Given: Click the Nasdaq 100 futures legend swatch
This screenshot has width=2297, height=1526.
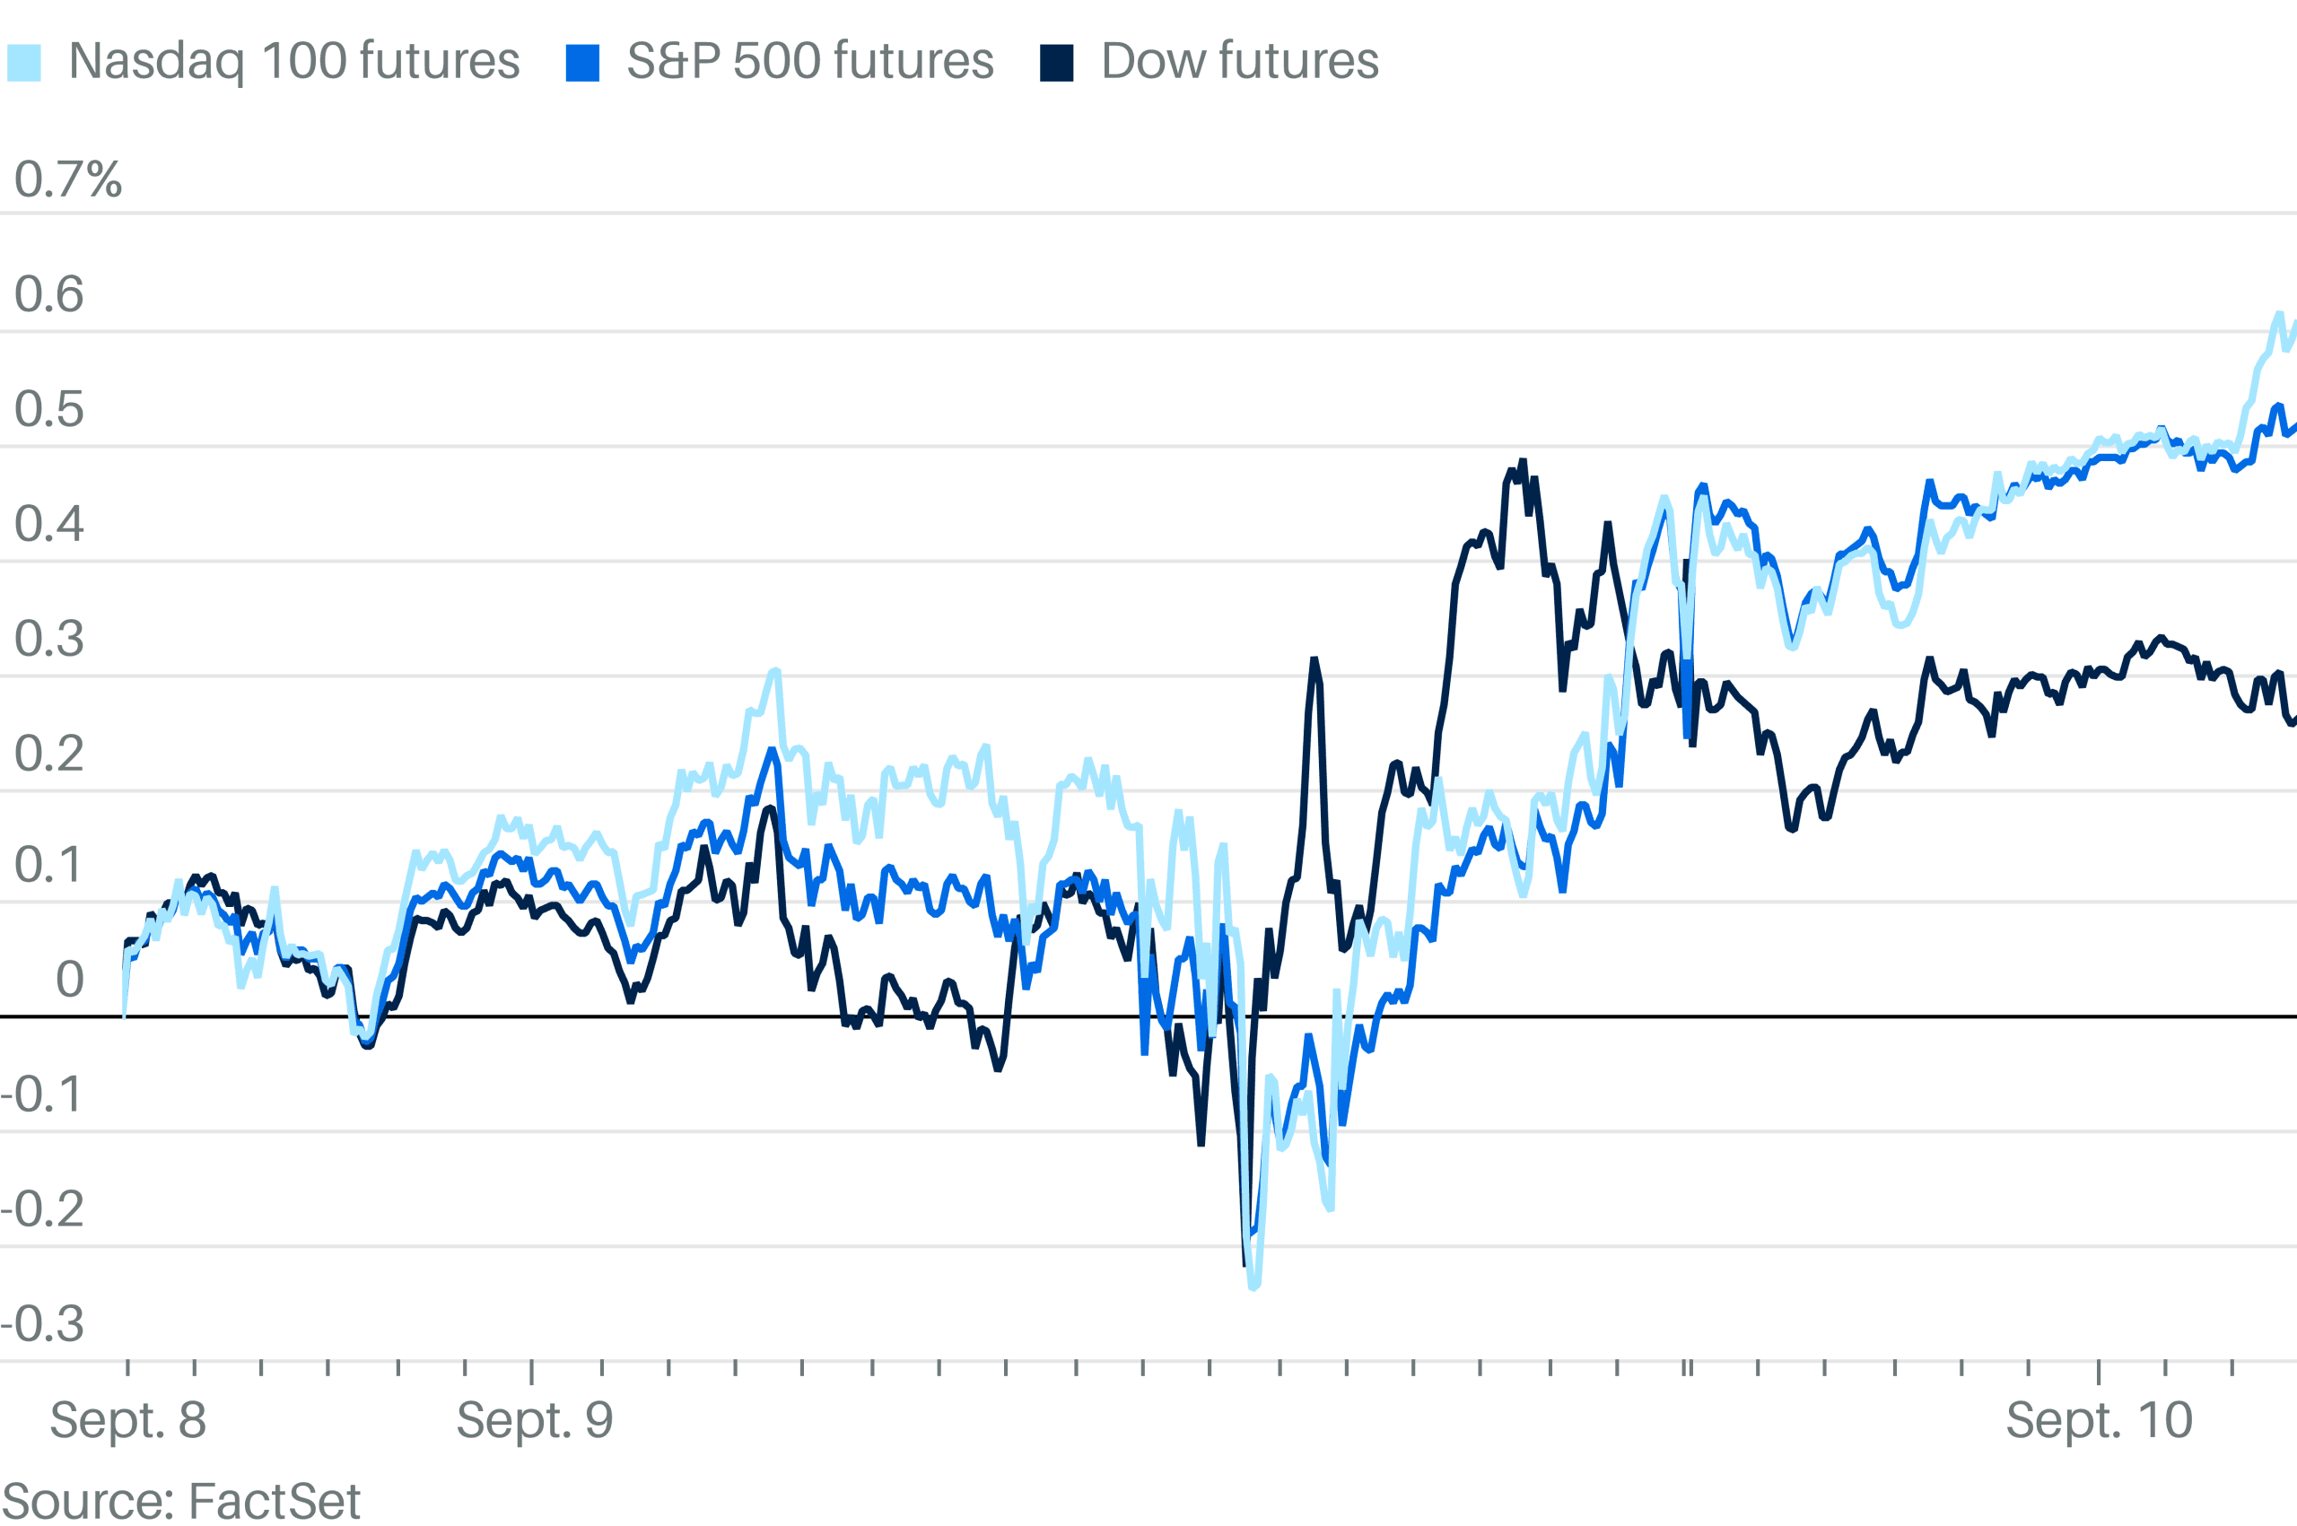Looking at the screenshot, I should click(x=24, y=62).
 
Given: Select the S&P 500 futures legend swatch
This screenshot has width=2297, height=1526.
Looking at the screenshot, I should click(x=582, y=62).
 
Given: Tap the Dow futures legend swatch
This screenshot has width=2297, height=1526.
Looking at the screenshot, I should click(x=1056, y=62).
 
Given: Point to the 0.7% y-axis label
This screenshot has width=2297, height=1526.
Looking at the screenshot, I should click(x=68, y=180).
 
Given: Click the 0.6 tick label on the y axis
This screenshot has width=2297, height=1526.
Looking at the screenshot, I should click(x=48, y=294).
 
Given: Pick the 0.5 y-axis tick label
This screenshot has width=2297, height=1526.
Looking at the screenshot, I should click(x=48, y=410).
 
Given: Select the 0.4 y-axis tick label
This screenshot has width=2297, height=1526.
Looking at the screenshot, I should click(x=48, y=525).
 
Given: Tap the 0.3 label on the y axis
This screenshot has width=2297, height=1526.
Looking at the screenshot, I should click(x=48, y=640).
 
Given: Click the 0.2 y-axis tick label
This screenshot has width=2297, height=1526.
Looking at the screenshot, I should click(x=48, y=754).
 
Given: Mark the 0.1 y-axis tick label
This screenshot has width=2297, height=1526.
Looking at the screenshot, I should click(x=48, y=865).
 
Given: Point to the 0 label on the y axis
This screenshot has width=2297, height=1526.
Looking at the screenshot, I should click(x=69, y=980).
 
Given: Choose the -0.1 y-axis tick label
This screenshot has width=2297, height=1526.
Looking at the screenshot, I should click(x=43, y=1094).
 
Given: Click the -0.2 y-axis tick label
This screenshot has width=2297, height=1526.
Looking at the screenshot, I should click(x=43, y=1209).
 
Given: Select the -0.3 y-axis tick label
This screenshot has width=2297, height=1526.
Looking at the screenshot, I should click(x=43, y=1324).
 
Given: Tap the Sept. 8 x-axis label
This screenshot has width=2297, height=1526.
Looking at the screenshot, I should click(x=127, y=1420).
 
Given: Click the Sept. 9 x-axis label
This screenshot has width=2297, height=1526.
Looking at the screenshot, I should click(x=535, y=1420).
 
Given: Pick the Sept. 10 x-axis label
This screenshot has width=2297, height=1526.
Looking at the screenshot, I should click(x=2099, y=1420).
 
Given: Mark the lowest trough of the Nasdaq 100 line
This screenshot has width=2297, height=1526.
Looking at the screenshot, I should click(x=1253, y=1287).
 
